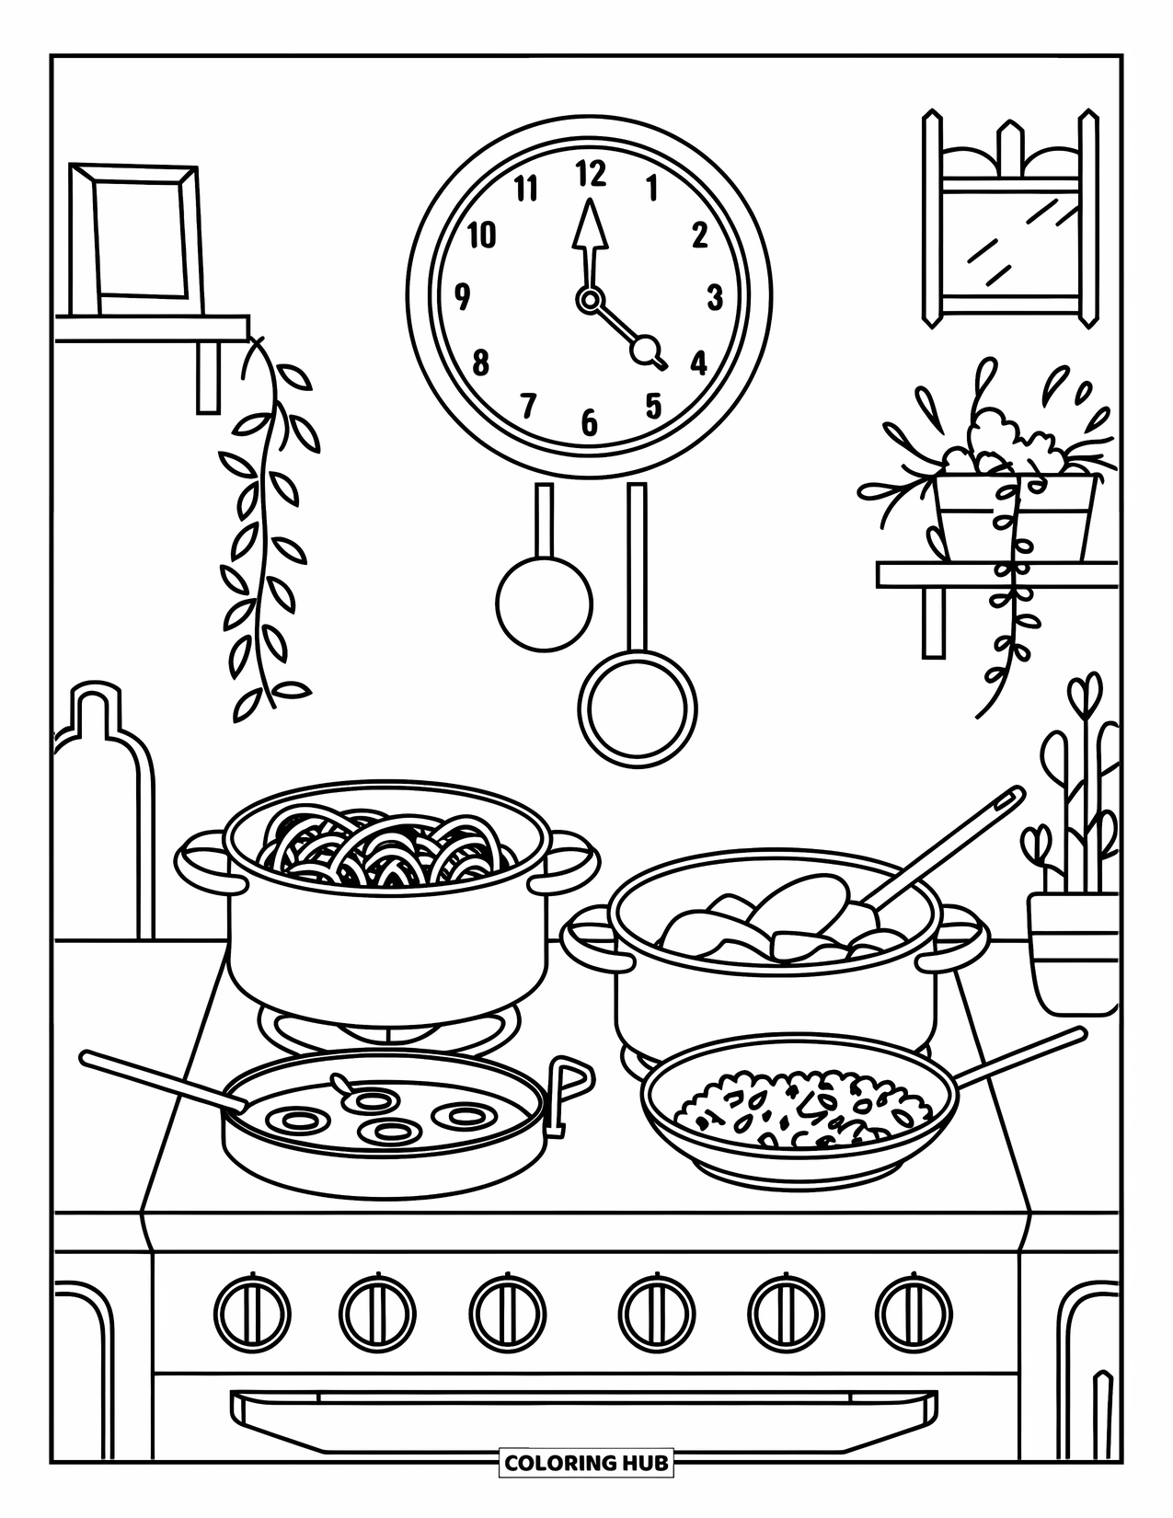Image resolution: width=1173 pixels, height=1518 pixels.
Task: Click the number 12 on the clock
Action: click(591, 174)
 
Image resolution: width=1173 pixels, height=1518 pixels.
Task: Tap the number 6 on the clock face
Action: click(589, 423)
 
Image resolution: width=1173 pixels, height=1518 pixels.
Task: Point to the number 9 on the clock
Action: click(463, 298)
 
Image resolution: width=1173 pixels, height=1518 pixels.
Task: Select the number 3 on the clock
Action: click(715, 298)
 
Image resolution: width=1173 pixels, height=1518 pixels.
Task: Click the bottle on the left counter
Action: click(103, 810)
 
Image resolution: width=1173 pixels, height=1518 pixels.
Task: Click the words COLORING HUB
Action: click(586, 1462)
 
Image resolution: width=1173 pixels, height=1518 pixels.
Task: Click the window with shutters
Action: click(1010, 221)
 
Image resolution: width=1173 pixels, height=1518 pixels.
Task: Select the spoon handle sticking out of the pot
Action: click(957, 837)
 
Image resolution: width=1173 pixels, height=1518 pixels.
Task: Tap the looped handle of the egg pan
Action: click(569, 1086)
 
